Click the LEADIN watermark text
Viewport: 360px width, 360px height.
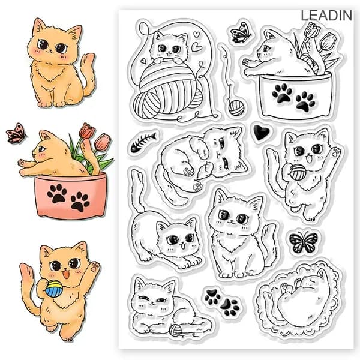click(326, 16)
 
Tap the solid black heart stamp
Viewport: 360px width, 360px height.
click(260, 133)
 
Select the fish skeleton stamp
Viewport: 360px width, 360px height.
click(143, 142)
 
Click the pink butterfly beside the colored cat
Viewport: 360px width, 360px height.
click(16, 133)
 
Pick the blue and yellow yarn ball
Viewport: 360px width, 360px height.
click(53, 288)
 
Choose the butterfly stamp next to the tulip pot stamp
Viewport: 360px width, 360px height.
click(241, 33)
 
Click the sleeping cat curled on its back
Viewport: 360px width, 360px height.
click(298, 298)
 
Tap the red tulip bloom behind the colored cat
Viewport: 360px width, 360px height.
click(85, 130)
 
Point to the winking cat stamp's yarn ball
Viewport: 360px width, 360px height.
click(175, 329)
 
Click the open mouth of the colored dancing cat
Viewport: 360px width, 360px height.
click(66, 274)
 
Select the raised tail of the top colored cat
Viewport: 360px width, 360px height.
click(88, 73)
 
